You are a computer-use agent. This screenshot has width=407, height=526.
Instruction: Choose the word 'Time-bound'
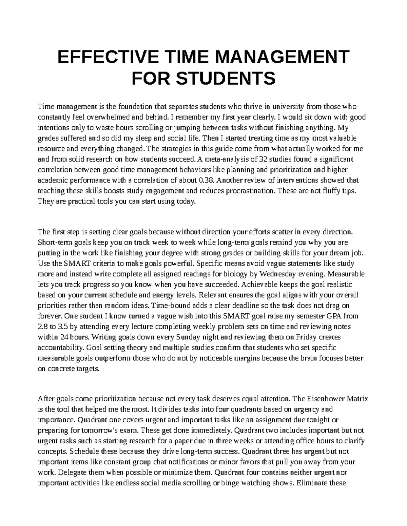tap(170, 306)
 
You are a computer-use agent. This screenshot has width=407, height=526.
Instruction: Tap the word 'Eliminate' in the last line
tap(310, 483)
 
